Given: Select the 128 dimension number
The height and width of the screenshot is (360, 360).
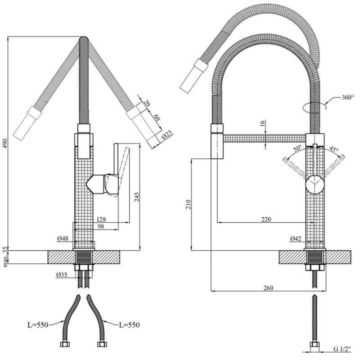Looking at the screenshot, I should pyautogui.click(x=101, y=220).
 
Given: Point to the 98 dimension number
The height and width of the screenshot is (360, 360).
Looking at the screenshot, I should pyautogui.click(x=101, y=227).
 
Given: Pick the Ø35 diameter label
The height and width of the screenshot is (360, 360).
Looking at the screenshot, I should pyautogui.click(x=63, y=274).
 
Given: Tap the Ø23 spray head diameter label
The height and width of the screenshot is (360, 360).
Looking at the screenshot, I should pyautogui.click(x=167, y=135).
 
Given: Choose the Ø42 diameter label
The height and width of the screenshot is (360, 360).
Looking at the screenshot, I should pyautogui.click(x=296, y=238).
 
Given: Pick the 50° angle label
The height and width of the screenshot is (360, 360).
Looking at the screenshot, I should pyautogui.click(x=297, y=148).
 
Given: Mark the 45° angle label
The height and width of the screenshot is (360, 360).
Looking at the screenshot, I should pyautogui.click(x=333, y=149).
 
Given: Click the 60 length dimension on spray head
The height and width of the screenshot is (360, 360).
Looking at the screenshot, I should pyautogui.click(x=157, y=118).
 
